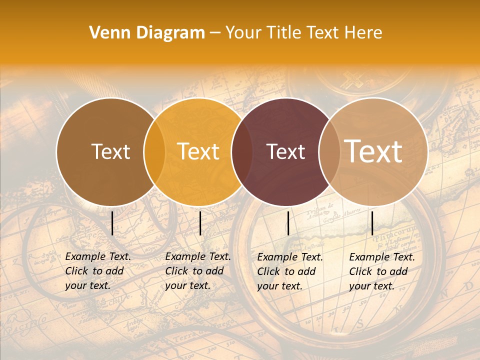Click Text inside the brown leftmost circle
click(110, 151)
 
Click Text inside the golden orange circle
click(198, 151)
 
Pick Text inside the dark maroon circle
click(285, 151)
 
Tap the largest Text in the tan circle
click(373, 151)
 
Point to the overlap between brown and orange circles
click(154, 151)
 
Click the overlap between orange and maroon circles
click(242, 151)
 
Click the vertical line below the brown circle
click(112, 223)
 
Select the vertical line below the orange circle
click(200, 223)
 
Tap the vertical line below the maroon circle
click(288, 223)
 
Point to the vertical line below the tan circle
click(372, 223)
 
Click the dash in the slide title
click(215, 33)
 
